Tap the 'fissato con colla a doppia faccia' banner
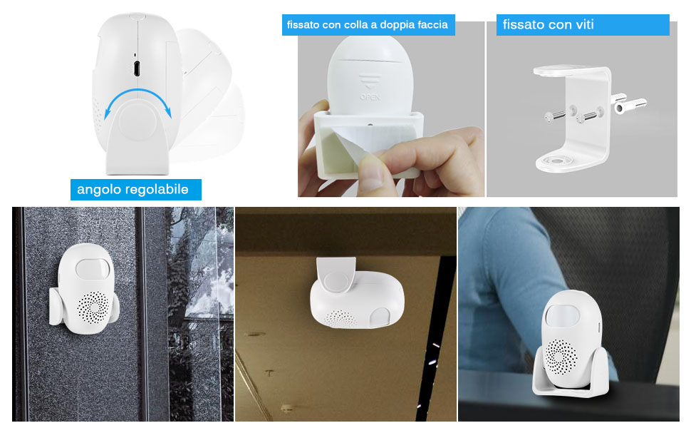pos(368,25)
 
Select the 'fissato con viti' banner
pos(583,25)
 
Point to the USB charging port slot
pos(137,69)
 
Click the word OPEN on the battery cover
pos(370,96)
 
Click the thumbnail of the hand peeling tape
pos(391,109)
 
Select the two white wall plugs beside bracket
pos(628,103)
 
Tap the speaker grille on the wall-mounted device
pos(93,307)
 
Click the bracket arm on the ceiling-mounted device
pos(336,275)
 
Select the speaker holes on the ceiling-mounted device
pos(341,319)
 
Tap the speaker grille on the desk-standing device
pos(561,357)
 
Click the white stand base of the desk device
pos(571,375)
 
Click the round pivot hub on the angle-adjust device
pos(138,121)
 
